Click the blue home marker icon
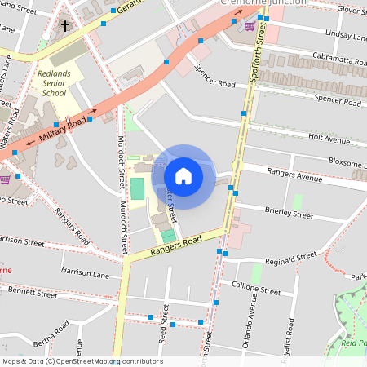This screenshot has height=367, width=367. (183, 176)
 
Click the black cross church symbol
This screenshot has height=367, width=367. (65, 26)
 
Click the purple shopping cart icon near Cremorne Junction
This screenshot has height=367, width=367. (249, 24)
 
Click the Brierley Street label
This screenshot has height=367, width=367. (289, 214)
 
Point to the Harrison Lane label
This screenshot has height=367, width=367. (86, 270)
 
